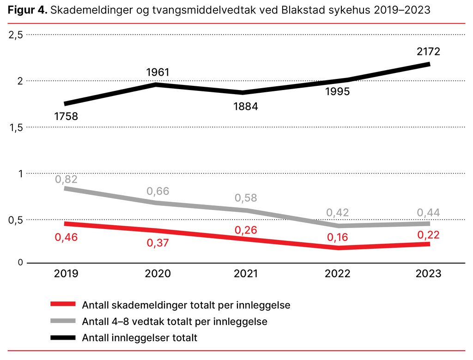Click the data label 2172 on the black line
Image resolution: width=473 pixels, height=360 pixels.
coord(427,51)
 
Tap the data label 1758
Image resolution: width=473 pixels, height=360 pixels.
coord(66,116)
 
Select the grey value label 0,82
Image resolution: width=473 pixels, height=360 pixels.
coord(66,179)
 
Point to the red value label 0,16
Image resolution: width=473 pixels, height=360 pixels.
coord(337,237)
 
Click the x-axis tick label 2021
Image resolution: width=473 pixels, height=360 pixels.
coord(246,274)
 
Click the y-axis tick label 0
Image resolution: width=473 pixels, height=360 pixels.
coord(20,263)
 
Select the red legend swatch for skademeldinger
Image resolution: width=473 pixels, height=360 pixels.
coord(62,304)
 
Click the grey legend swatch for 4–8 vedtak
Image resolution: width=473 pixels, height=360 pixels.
coord(62,321)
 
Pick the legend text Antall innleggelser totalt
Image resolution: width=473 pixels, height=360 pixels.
coord(139,338)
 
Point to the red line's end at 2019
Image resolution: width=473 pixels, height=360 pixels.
coord(66,224)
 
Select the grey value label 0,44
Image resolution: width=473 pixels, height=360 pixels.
coord(427,212)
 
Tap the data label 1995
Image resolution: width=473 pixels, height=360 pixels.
coord(337,91)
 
